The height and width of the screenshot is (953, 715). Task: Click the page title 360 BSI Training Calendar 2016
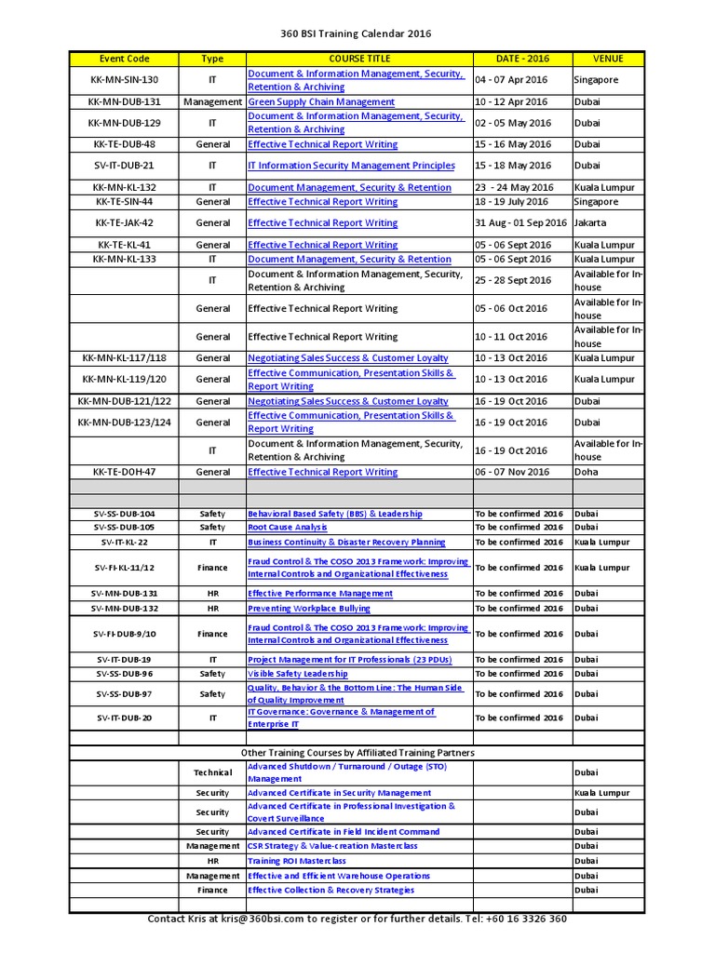point(357,34)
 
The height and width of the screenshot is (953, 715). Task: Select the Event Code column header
point(124,59)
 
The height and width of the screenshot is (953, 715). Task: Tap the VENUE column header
point(608,59)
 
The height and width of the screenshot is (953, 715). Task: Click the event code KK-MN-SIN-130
point(124,80)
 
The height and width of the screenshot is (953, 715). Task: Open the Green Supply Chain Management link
point(320,101)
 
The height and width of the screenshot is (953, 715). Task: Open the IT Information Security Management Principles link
point(351,166)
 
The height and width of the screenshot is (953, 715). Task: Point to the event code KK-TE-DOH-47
point(124,472)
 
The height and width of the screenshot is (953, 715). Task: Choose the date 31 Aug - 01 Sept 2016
point(520,223)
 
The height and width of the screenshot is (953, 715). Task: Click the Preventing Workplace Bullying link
point(308,609)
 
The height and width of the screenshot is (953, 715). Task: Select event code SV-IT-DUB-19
point(124,659)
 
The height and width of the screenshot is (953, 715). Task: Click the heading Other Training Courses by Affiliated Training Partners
point(357,752)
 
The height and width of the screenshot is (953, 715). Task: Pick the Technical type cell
point(212,772)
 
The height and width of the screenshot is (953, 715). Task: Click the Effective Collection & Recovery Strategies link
point(331,891)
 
